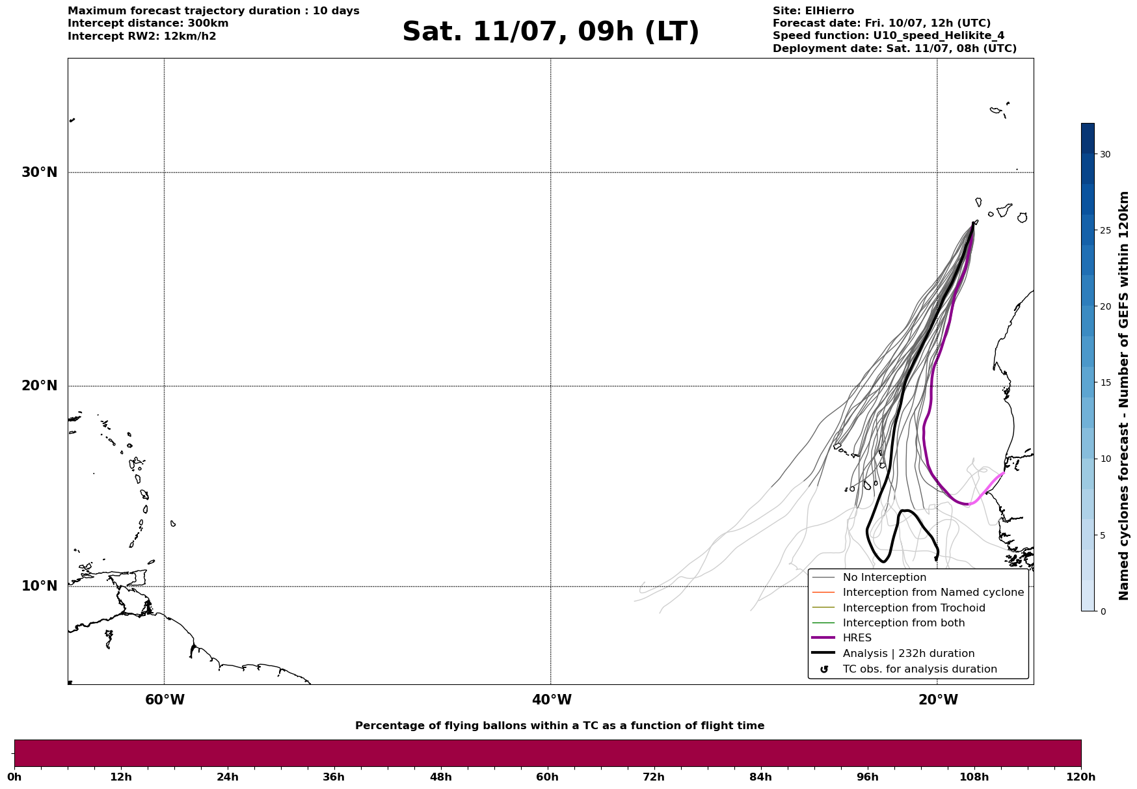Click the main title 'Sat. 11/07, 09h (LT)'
550,33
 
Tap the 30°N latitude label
40,172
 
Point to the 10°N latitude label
40,586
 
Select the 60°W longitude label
165,700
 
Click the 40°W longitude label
552,700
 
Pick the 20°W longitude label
938,700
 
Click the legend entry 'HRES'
857,638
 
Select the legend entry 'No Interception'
885,578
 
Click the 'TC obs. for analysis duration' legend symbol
824,669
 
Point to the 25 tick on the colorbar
1105,230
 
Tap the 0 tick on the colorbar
1103,611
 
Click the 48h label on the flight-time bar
440,777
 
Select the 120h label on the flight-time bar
1081,777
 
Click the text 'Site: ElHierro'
813,11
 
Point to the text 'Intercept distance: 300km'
148,23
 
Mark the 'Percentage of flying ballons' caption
559,726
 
